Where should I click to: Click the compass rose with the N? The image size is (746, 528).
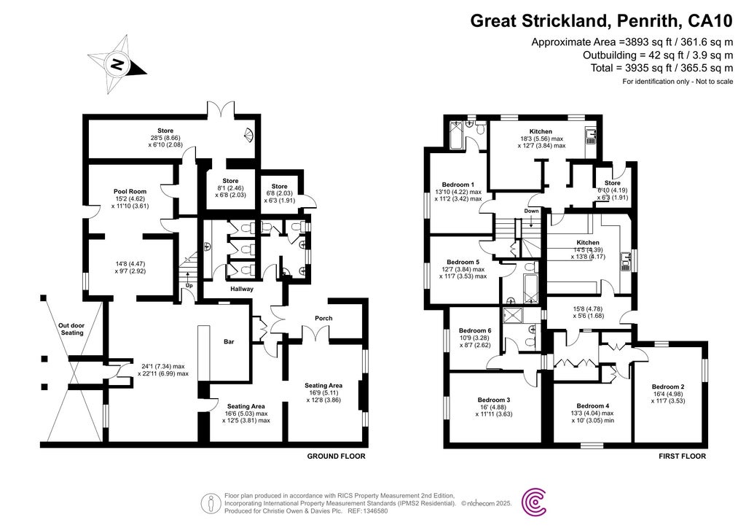(116, 64)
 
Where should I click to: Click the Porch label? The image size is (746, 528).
(322, 317)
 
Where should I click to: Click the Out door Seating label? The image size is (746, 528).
(71, 329)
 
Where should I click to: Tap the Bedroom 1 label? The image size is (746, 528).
(458, 185)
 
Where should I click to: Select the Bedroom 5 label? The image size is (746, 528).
(463, 262)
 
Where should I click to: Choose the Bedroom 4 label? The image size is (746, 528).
(592, 405)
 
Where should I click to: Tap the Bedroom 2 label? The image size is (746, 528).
(667, 387)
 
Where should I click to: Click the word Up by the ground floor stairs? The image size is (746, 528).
(188, 285)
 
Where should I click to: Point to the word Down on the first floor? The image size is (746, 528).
(531, 211)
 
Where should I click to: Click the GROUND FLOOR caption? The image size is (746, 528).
(335, 457)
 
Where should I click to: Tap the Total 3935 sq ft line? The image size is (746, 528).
(661, 68)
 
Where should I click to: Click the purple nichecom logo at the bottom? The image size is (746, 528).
(538, 502)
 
